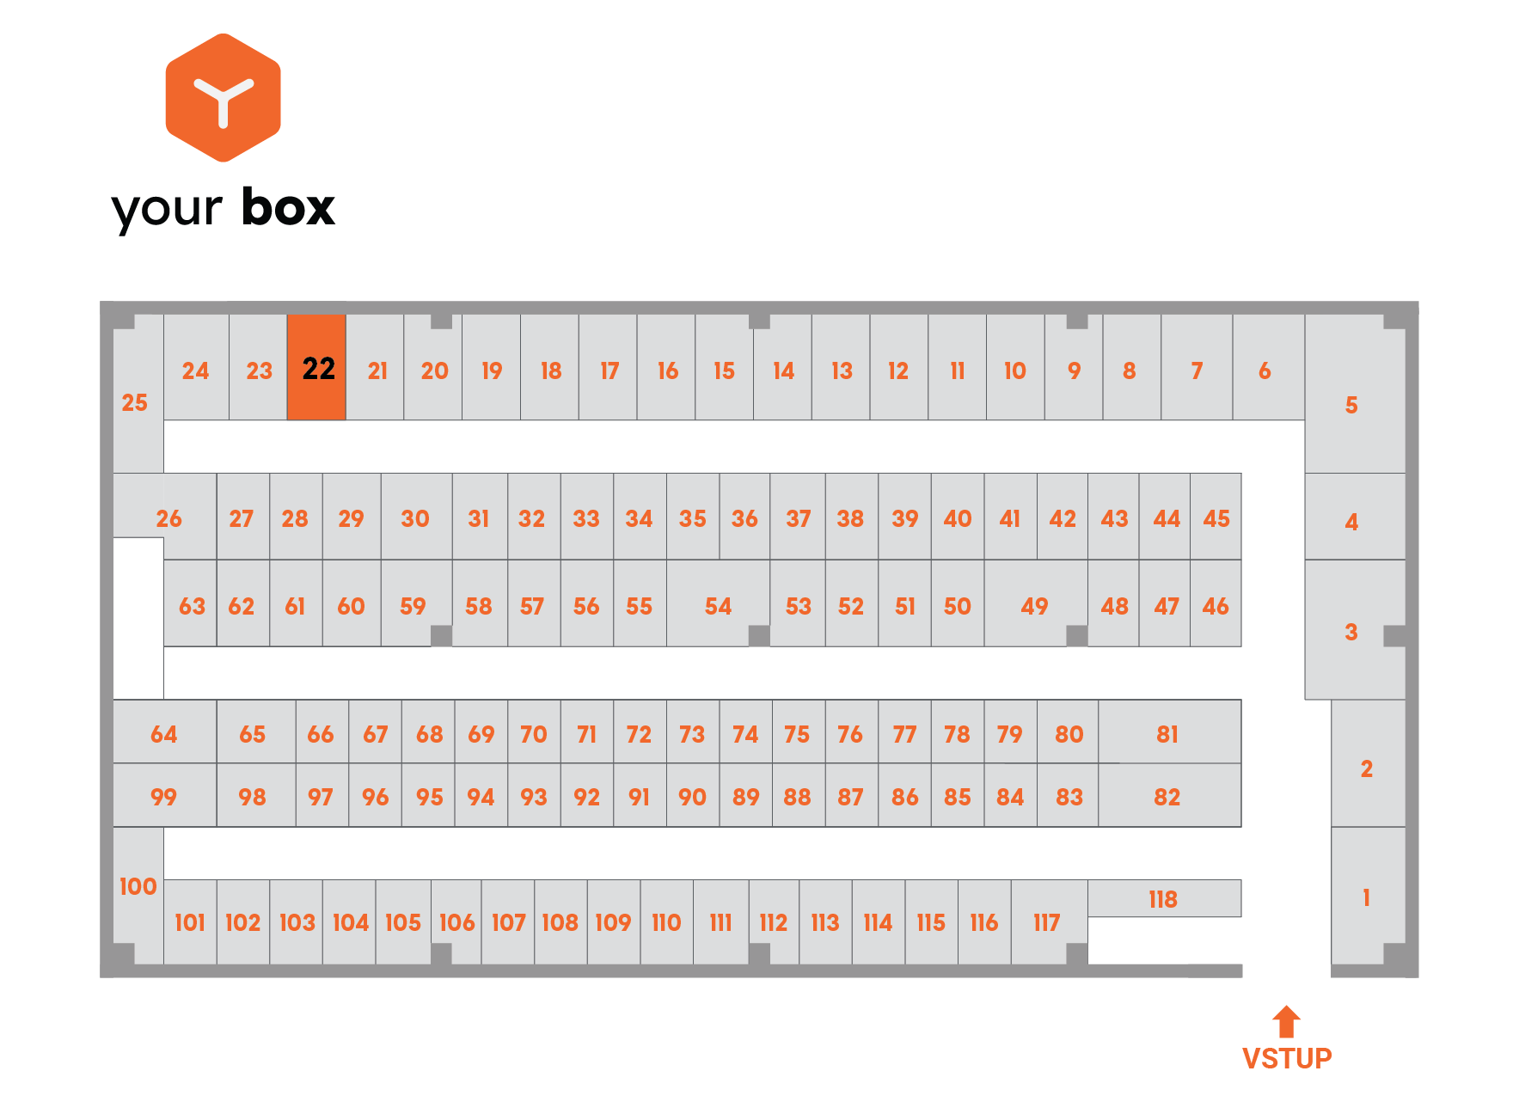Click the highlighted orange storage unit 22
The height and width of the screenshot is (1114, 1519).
pos(316,367)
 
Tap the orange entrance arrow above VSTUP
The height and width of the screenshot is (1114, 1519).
pos(1286,1021)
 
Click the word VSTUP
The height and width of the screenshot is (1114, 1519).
pos(1287,1058)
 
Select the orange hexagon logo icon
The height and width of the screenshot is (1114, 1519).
pos(224,98)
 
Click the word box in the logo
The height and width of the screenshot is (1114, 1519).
pos(288,207)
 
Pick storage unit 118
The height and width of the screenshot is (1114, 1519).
pos(1164,898)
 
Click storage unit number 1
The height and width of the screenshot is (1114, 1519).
pos(1368,896)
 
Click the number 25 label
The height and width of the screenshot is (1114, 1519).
pos(134,402)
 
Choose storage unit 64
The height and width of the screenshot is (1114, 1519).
pos(164,732)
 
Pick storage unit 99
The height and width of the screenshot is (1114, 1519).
pos(164,795)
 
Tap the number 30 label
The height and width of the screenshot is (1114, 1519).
pos(415,518)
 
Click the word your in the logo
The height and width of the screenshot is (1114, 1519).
pos(167,210)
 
